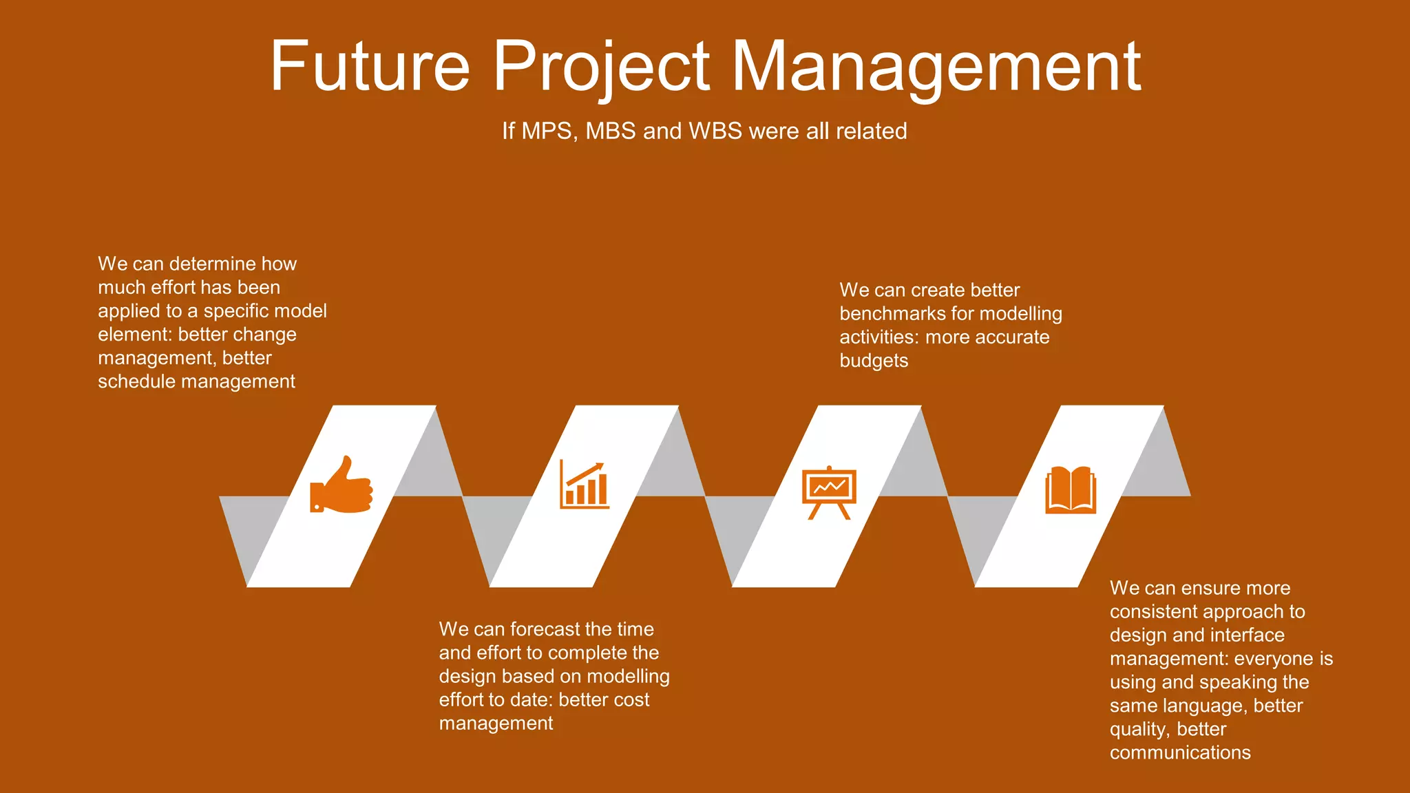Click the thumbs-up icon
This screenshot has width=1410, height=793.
point(341,485)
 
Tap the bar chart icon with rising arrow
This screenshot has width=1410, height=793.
point(585,485)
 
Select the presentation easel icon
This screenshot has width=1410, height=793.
point(829,491)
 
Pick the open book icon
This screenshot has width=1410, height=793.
point(1071,489)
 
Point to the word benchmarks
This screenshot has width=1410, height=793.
point(894,314)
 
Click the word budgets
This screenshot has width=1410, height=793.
point(874,361)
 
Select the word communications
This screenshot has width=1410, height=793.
point(1180,752)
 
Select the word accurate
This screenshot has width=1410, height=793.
point(1013,337)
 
